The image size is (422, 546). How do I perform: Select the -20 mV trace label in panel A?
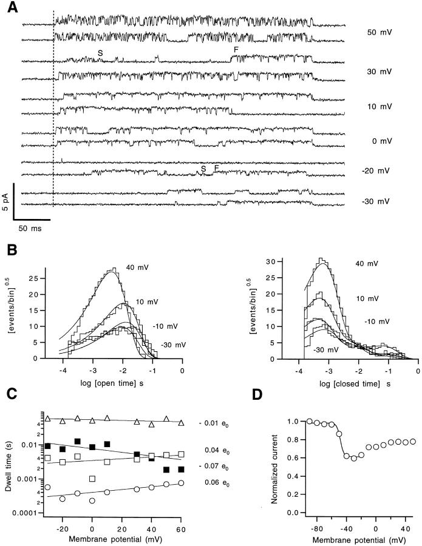378,172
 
